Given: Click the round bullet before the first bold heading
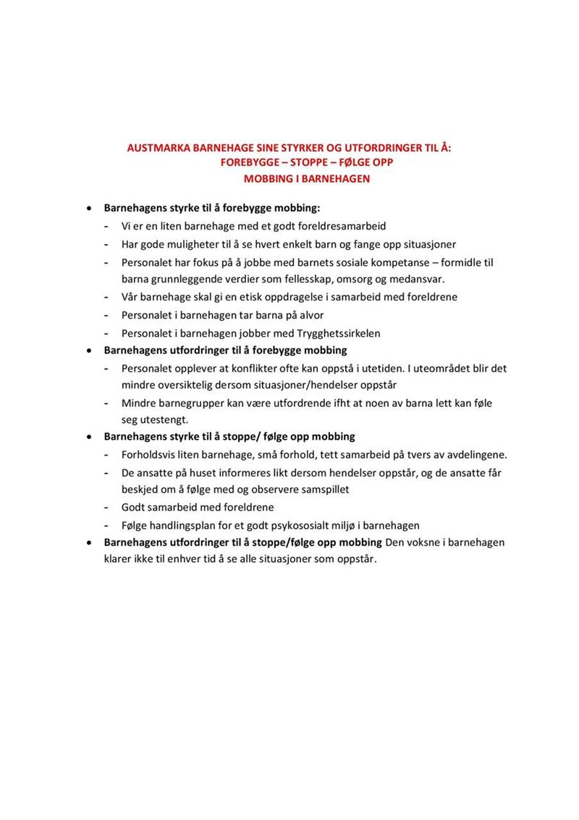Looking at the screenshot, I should (88, 207).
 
